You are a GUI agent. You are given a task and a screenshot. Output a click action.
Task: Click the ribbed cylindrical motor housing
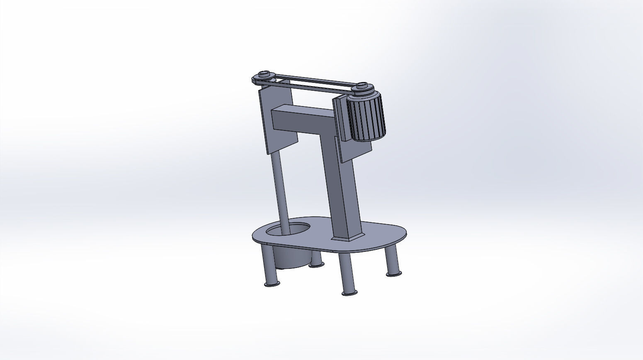click(x=367, y=118)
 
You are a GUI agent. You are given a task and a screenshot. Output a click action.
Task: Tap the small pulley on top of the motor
click(x=362, y=87)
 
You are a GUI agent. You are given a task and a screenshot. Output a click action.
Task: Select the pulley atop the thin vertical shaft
click(x=264, y=76)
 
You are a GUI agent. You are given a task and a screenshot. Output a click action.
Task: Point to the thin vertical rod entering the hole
click(x=280, y=191)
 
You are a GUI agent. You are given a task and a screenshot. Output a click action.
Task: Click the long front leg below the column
click(x=346, y=273)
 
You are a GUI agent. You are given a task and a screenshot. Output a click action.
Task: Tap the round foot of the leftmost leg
click(x=272, y=284)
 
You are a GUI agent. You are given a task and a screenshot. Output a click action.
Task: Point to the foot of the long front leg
click(x=349, y=293)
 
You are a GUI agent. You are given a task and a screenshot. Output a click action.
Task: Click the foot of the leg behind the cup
click(x=317, y=264)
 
